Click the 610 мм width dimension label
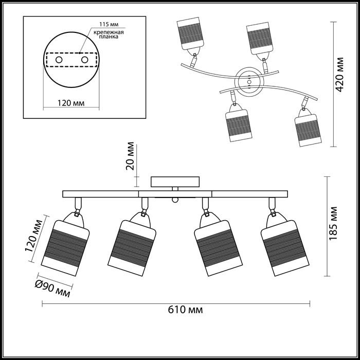pos(185,310)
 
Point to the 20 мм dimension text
pos(130,156)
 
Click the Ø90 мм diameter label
pos(52,289)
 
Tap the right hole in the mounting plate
pos(85,61)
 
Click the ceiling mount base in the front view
pos(174,182)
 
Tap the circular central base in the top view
pos(249,81)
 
